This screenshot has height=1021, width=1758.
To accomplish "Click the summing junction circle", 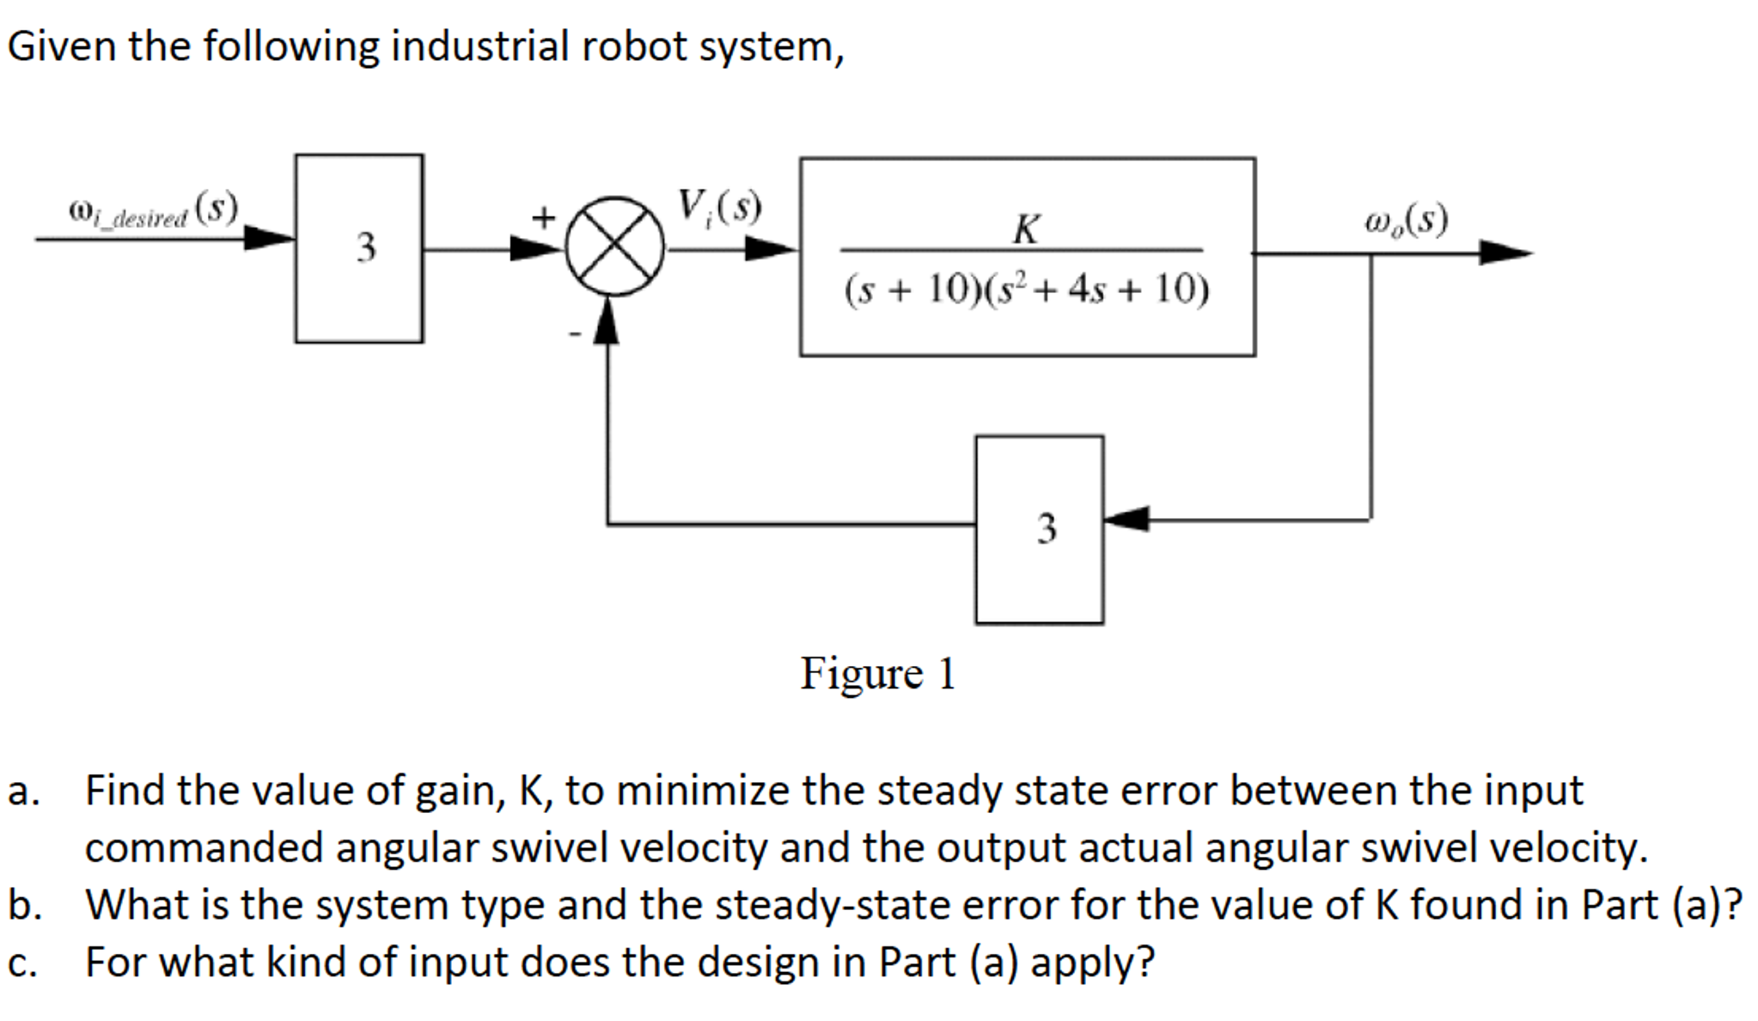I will (614, 247).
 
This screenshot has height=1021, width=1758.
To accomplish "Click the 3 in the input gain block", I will (366, 248).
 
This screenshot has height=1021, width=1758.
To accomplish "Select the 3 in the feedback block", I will (1046, 529).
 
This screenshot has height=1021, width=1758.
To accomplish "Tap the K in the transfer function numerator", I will (1026, 229).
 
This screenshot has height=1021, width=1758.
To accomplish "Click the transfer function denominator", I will (1026, 290).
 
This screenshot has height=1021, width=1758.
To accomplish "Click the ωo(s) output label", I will (1406, 220).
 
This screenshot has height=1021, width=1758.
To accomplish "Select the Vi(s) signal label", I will (718, 207).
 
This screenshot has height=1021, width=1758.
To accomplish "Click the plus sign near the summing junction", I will (542, 217).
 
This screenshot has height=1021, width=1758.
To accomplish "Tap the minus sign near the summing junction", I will (575, 333).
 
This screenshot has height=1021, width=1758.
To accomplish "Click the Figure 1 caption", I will (877, 673).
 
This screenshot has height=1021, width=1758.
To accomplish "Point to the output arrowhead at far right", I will (1505, 253).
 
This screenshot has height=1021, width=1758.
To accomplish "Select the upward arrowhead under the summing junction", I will (607, 321).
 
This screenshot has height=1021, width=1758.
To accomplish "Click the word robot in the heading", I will (634, 46).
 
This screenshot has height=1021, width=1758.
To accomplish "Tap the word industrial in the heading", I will (480, 46).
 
